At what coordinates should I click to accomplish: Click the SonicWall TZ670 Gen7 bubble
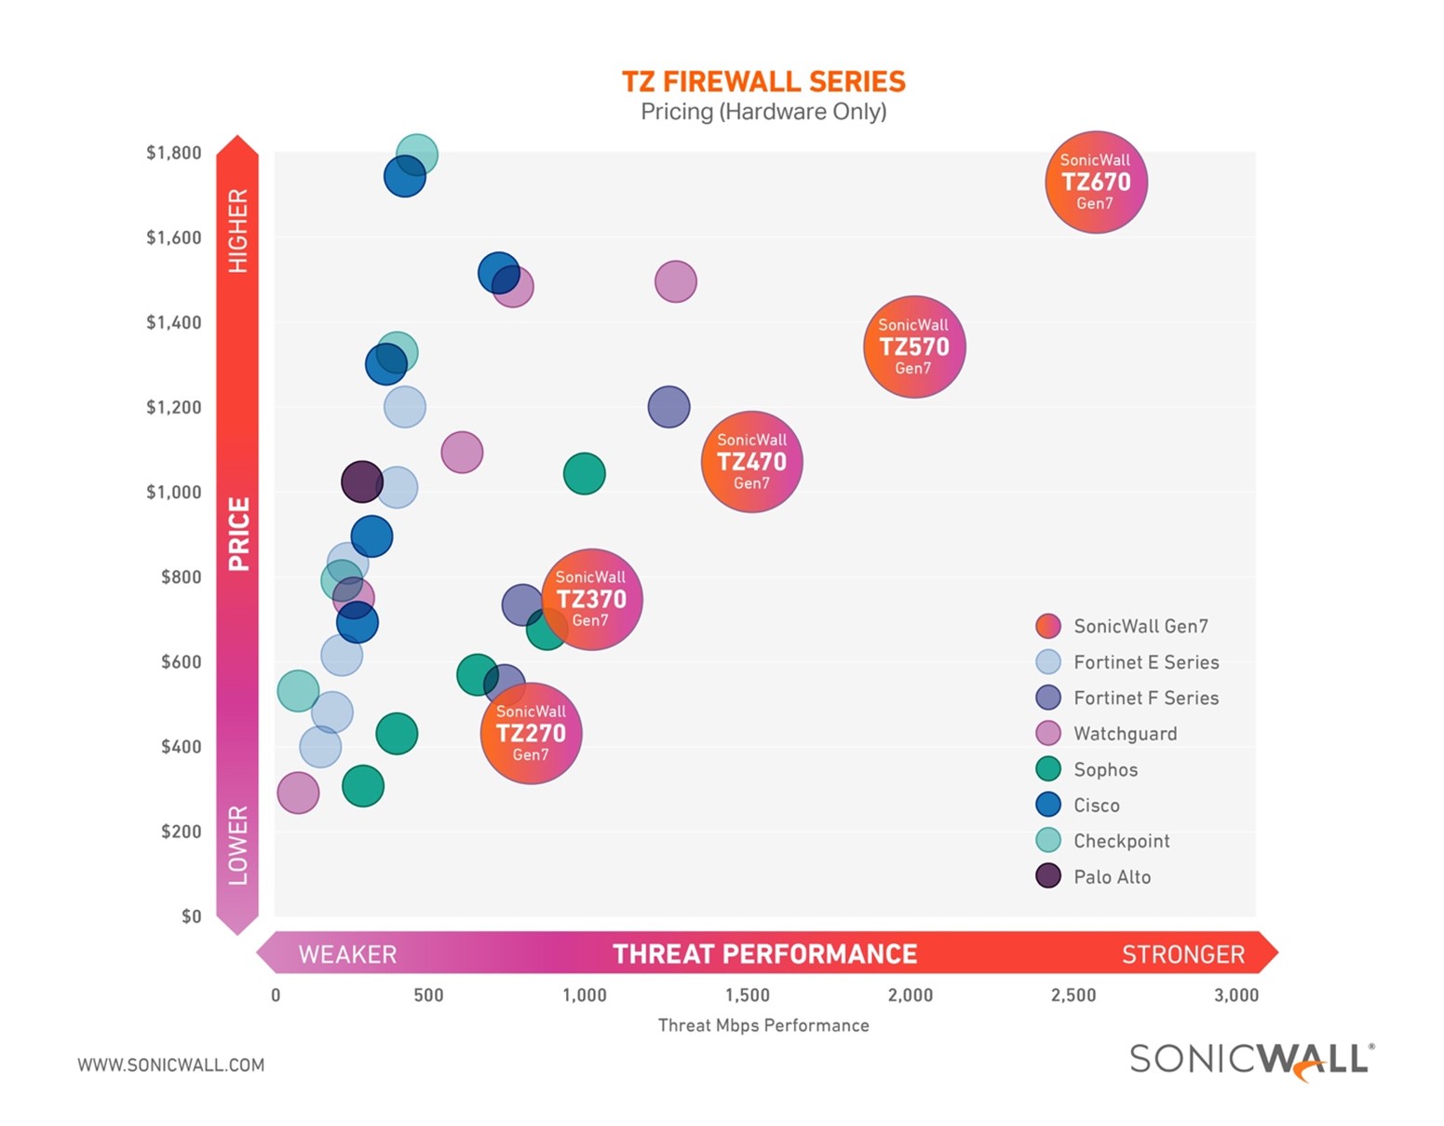(x=1096, y=182)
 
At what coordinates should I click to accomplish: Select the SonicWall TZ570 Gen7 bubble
(x=914, y=346)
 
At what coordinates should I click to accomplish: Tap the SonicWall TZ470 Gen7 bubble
(x=751, y=461)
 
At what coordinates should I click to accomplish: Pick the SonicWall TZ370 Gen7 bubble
(x=592, y=599)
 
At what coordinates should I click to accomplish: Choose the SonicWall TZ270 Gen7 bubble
(x=531, y=733)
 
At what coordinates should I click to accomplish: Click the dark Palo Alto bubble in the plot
(x=361, y=482)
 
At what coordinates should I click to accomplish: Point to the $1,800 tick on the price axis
(x=174, y=153)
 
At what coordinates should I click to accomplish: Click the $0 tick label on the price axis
(x=191, y=916)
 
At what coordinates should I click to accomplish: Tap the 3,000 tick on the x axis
(x=1235, y=995)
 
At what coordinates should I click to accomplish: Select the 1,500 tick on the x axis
(x=748, y=995)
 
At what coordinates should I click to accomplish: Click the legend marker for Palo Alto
(x=1048, y=876)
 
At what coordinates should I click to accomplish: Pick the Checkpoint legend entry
(x=1120, y=841)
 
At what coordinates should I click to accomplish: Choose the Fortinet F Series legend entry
(x=1145, y=698)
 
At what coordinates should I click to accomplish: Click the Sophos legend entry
(x=1105, y=769)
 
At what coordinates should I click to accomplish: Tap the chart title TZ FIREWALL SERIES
(x=763, y=82)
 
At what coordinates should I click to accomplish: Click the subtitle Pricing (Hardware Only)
(x=763, y=112)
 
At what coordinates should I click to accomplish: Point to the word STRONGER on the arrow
(x=1182, y=955)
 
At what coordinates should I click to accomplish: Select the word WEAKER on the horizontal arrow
(x=347, y=955)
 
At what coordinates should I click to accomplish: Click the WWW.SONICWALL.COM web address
(x=171, y=1065)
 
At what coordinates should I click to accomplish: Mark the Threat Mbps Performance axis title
(x=763, y=1025)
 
